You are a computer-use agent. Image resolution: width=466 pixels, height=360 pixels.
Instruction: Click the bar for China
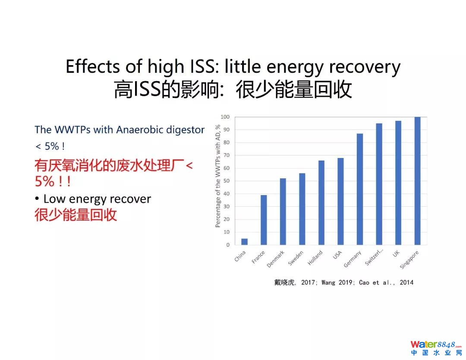click(x=244, y=242)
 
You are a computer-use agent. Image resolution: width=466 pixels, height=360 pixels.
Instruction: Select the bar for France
click(x=264, y=220)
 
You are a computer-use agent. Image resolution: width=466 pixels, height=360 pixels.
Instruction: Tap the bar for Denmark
click(x=283, y=212)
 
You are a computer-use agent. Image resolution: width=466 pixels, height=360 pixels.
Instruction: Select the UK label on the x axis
click(x=396, y=255)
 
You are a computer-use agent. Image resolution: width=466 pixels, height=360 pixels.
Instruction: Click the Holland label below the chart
click(x=315, y=258)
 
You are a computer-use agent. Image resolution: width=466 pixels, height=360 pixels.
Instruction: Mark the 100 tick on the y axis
click(x=225, y=117)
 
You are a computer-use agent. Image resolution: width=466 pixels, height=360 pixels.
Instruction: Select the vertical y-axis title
click(x=217, y=176)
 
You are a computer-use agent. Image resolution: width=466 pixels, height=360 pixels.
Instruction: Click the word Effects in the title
click(x=92, y=67)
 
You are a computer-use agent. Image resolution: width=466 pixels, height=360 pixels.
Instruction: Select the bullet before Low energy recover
click(x=38, y=199)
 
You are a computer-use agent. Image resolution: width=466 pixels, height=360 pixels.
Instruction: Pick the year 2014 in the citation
click(x=406, y=282)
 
